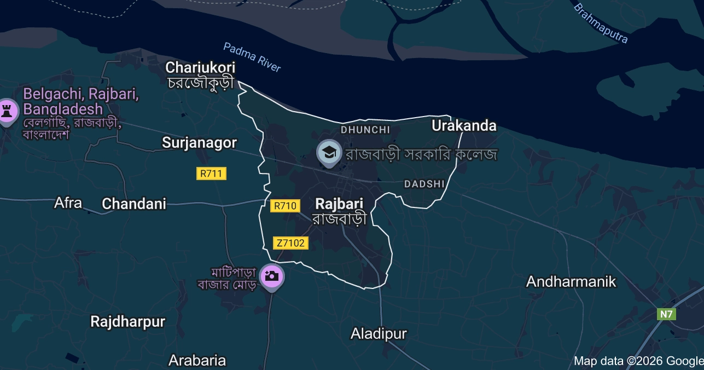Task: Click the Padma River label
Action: point(252,57)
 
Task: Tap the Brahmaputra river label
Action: point(600,23)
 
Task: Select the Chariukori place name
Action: point(200,68)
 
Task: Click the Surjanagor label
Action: point(199,143)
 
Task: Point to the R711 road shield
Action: point(211,174)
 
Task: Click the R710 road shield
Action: point(285,206)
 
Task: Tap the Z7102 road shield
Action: point(290,243)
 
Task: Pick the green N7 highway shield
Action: point(666,314)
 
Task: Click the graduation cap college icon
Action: point(329,153)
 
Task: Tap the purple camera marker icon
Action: point(271,276)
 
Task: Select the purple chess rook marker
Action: point(7,111)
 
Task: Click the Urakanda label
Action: point(464,126)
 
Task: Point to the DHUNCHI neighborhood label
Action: point(365,130)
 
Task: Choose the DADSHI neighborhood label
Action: point(424,184)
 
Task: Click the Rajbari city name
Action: point(339,204)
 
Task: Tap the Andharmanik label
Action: point(571,282)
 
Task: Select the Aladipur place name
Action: point(379,333)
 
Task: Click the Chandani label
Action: point(134,204)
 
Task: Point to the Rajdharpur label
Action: point(127,322)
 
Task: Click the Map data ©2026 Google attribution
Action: point(638,361)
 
